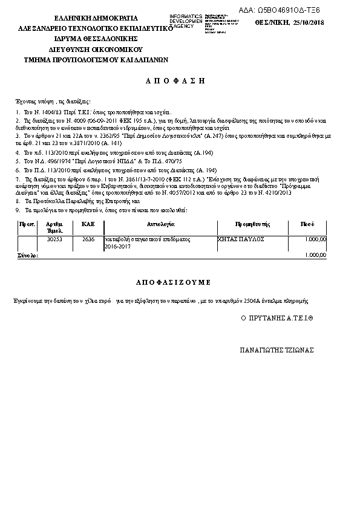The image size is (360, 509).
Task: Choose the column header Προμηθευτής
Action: [248, 224]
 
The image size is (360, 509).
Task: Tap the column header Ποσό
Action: [307, 224]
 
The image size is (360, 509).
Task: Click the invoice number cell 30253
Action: [54, 239]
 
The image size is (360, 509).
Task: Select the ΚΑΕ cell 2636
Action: [88, 239]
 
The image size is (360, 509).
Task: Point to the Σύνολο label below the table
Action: [27, 256]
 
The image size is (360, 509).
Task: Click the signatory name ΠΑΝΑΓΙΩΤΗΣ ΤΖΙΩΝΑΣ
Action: [277, 350]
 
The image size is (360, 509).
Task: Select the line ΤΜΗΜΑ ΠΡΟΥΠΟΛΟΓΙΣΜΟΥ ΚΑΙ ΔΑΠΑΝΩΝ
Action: [96, 60]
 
